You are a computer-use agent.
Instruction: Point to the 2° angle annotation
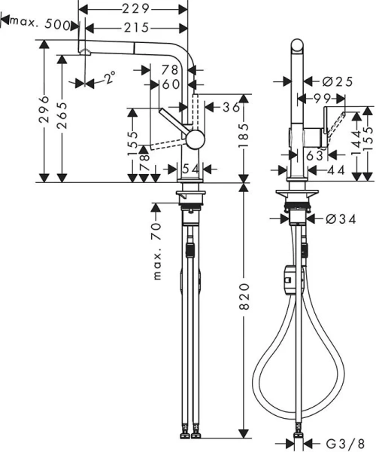(110, 78)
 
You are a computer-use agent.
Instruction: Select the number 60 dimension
(170, 84)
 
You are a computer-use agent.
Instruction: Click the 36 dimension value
(230, 107)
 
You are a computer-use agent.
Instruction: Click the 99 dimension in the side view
(323, 98)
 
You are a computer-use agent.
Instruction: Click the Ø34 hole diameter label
(336, 219)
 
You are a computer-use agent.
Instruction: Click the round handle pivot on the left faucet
(195, 139)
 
